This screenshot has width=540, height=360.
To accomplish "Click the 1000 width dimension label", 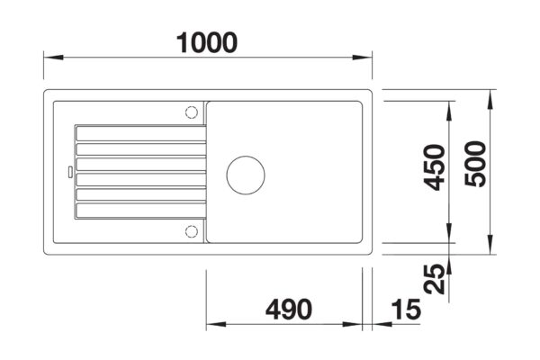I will [x=209, y=40].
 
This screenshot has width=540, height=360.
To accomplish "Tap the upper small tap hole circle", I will [x=191, y=112].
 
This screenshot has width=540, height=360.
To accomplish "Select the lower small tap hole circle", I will [x=191, y=230].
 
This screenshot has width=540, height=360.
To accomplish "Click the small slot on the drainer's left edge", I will [x=69, y=169].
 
